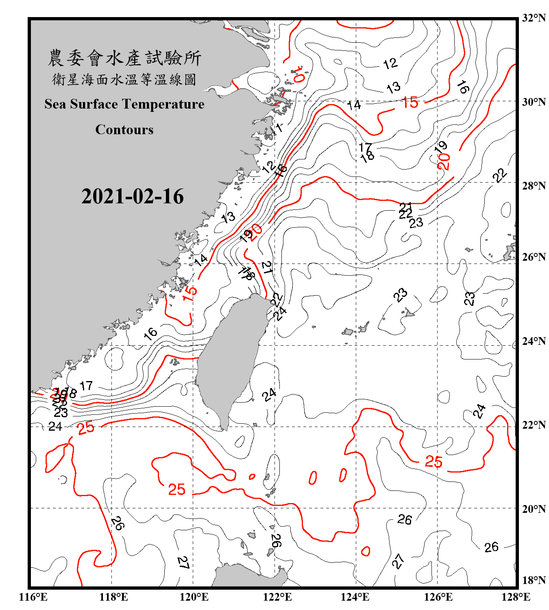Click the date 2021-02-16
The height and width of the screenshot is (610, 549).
(133, 196)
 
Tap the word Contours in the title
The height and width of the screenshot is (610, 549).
(124, 130)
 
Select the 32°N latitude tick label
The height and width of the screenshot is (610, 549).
(534, 18)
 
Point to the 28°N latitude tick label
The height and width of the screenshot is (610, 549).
(534, 186)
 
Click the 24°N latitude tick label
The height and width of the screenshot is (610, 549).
(534, 341)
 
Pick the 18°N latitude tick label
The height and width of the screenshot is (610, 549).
(534, 580)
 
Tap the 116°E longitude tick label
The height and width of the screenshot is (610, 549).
(33, 597)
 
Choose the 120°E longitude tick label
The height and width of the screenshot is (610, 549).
(194, 597)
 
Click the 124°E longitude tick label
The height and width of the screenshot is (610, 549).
(355, 597)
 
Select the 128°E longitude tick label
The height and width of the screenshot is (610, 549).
(516, 597)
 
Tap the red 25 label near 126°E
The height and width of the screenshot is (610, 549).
(434, 462)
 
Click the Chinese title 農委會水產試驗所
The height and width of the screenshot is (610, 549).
(124, 58)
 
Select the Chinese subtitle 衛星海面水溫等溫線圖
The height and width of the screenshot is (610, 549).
(124, 79)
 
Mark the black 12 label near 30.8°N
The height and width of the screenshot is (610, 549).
(390, 63)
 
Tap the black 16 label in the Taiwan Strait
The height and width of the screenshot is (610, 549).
(150, 333)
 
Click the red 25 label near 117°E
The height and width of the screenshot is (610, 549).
(86, 428)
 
